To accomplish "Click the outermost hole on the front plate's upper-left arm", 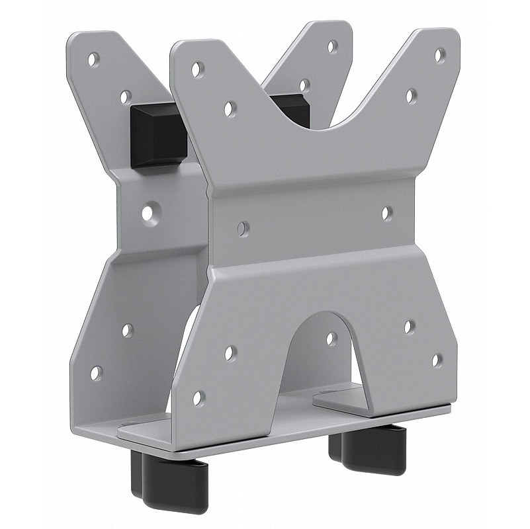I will (197, 69).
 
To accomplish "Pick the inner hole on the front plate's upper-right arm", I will (411, 96).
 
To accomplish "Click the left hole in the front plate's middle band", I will (243, 228).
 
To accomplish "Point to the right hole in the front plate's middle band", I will (387, 213).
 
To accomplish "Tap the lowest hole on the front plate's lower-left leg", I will (198, 398).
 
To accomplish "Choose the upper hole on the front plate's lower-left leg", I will (230, 353).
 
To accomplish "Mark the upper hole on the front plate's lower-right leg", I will (410, 327).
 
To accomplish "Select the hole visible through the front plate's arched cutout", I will (331, 339).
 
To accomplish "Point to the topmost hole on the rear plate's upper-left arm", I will (93, 60).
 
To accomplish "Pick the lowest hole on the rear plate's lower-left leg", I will (96, 373).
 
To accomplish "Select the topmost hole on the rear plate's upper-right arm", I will (332, 47).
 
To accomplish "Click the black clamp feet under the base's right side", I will (368, 449).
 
